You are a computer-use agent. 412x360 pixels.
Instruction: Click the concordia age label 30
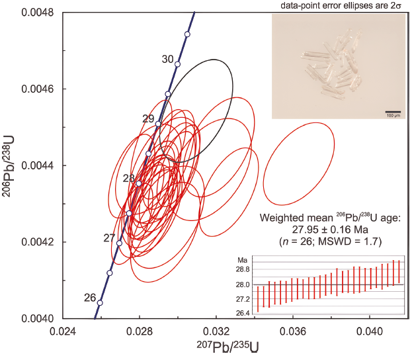[x=168, y=59]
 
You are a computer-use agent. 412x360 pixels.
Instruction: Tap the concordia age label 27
[x=110, y=238]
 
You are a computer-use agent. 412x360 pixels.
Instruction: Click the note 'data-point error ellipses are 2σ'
[x=339, y=5]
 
